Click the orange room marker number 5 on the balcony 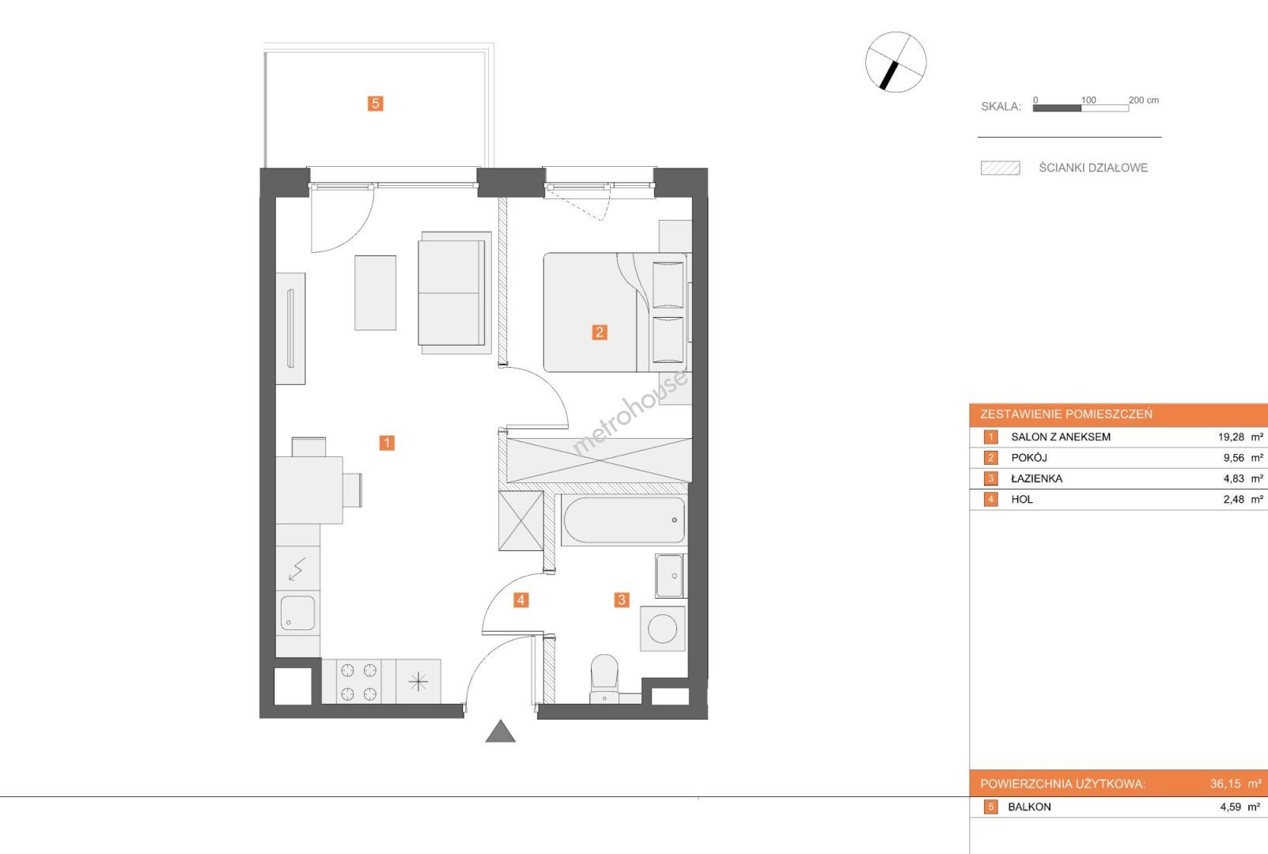click(x=375, y=104)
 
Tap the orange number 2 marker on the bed click(x=599, y=332)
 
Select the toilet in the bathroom click(x=604, y=678)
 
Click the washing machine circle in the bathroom click(x=662, y=629)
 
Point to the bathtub click(x=624, y=520)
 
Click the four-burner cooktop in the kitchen click(x=358, y=682)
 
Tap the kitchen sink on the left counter click(x=297, y=612)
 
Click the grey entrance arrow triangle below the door click(x=501, y=731)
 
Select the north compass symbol click(x=895, y=62)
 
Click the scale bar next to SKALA click(x=1081, y=108)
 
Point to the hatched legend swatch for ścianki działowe click(x=1001, y=168)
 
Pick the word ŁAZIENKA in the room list click(x=1036, y=478)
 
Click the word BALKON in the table click(x=1029, y=807)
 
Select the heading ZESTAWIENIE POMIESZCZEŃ click(x=1066, y=414)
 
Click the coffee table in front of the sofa click(x=375, y=293)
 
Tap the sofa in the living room click(x=455, y=293)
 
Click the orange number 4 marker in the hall click(x=520, y=600)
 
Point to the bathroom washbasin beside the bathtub click(x=670, y=576)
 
